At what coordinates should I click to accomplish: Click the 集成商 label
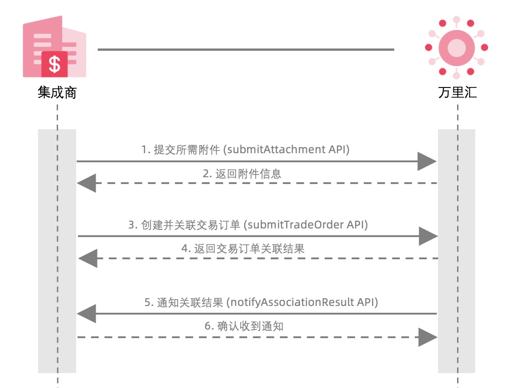click(57, 93)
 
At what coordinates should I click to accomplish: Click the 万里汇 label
click(457, 93)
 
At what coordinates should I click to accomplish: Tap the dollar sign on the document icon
click(54, 64)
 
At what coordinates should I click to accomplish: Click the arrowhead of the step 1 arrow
click(427, 161)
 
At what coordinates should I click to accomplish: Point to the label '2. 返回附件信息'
click(242, 174)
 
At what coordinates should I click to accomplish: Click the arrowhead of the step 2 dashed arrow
click(87, 183)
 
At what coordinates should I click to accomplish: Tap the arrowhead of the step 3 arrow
click(428, 236)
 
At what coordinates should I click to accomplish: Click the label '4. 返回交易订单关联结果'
click(243, 248)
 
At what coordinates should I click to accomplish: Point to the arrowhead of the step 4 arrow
click(88, 258)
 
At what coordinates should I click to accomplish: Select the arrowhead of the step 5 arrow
click(87, 314)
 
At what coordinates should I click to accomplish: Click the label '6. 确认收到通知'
click(244, 326)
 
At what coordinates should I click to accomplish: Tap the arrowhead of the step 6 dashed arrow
click(428, 337)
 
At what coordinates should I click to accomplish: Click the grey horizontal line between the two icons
click(246, 49)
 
